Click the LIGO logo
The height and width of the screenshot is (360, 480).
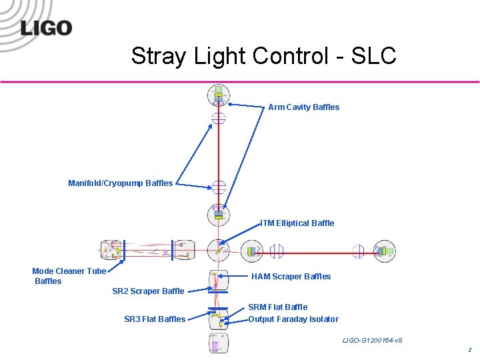tap(45, 28)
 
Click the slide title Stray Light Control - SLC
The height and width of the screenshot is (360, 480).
tap(263, 56)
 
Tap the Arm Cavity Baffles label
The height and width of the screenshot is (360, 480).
tap(303, 107)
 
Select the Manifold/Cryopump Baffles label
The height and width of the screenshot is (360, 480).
tap(120, 183)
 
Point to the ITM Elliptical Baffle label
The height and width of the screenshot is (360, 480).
tap(297, 223)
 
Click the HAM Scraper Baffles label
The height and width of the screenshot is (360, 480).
tap(291, 277)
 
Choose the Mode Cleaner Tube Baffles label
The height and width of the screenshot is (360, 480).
tap(69, 276)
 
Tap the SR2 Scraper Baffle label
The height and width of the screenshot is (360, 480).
tap(148, 291)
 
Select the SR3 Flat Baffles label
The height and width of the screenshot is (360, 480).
tap(155, 319)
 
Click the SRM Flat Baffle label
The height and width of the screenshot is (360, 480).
tap(277, 307)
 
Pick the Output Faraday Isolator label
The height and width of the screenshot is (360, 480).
tap(293, 319)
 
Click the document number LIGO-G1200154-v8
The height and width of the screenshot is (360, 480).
tap(372, 341)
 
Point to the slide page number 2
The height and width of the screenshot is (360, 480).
tap(469, 350)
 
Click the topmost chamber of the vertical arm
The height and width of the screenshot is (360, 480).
tap(218, 95)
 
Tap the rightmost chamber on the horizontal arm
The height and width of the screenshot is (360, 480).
tap(384, 251)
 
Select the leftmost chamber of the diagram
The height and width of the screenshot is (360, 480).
tap(111, 251)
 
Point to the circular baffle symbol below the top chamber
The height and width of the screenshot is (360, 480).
tap(219, 119)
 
